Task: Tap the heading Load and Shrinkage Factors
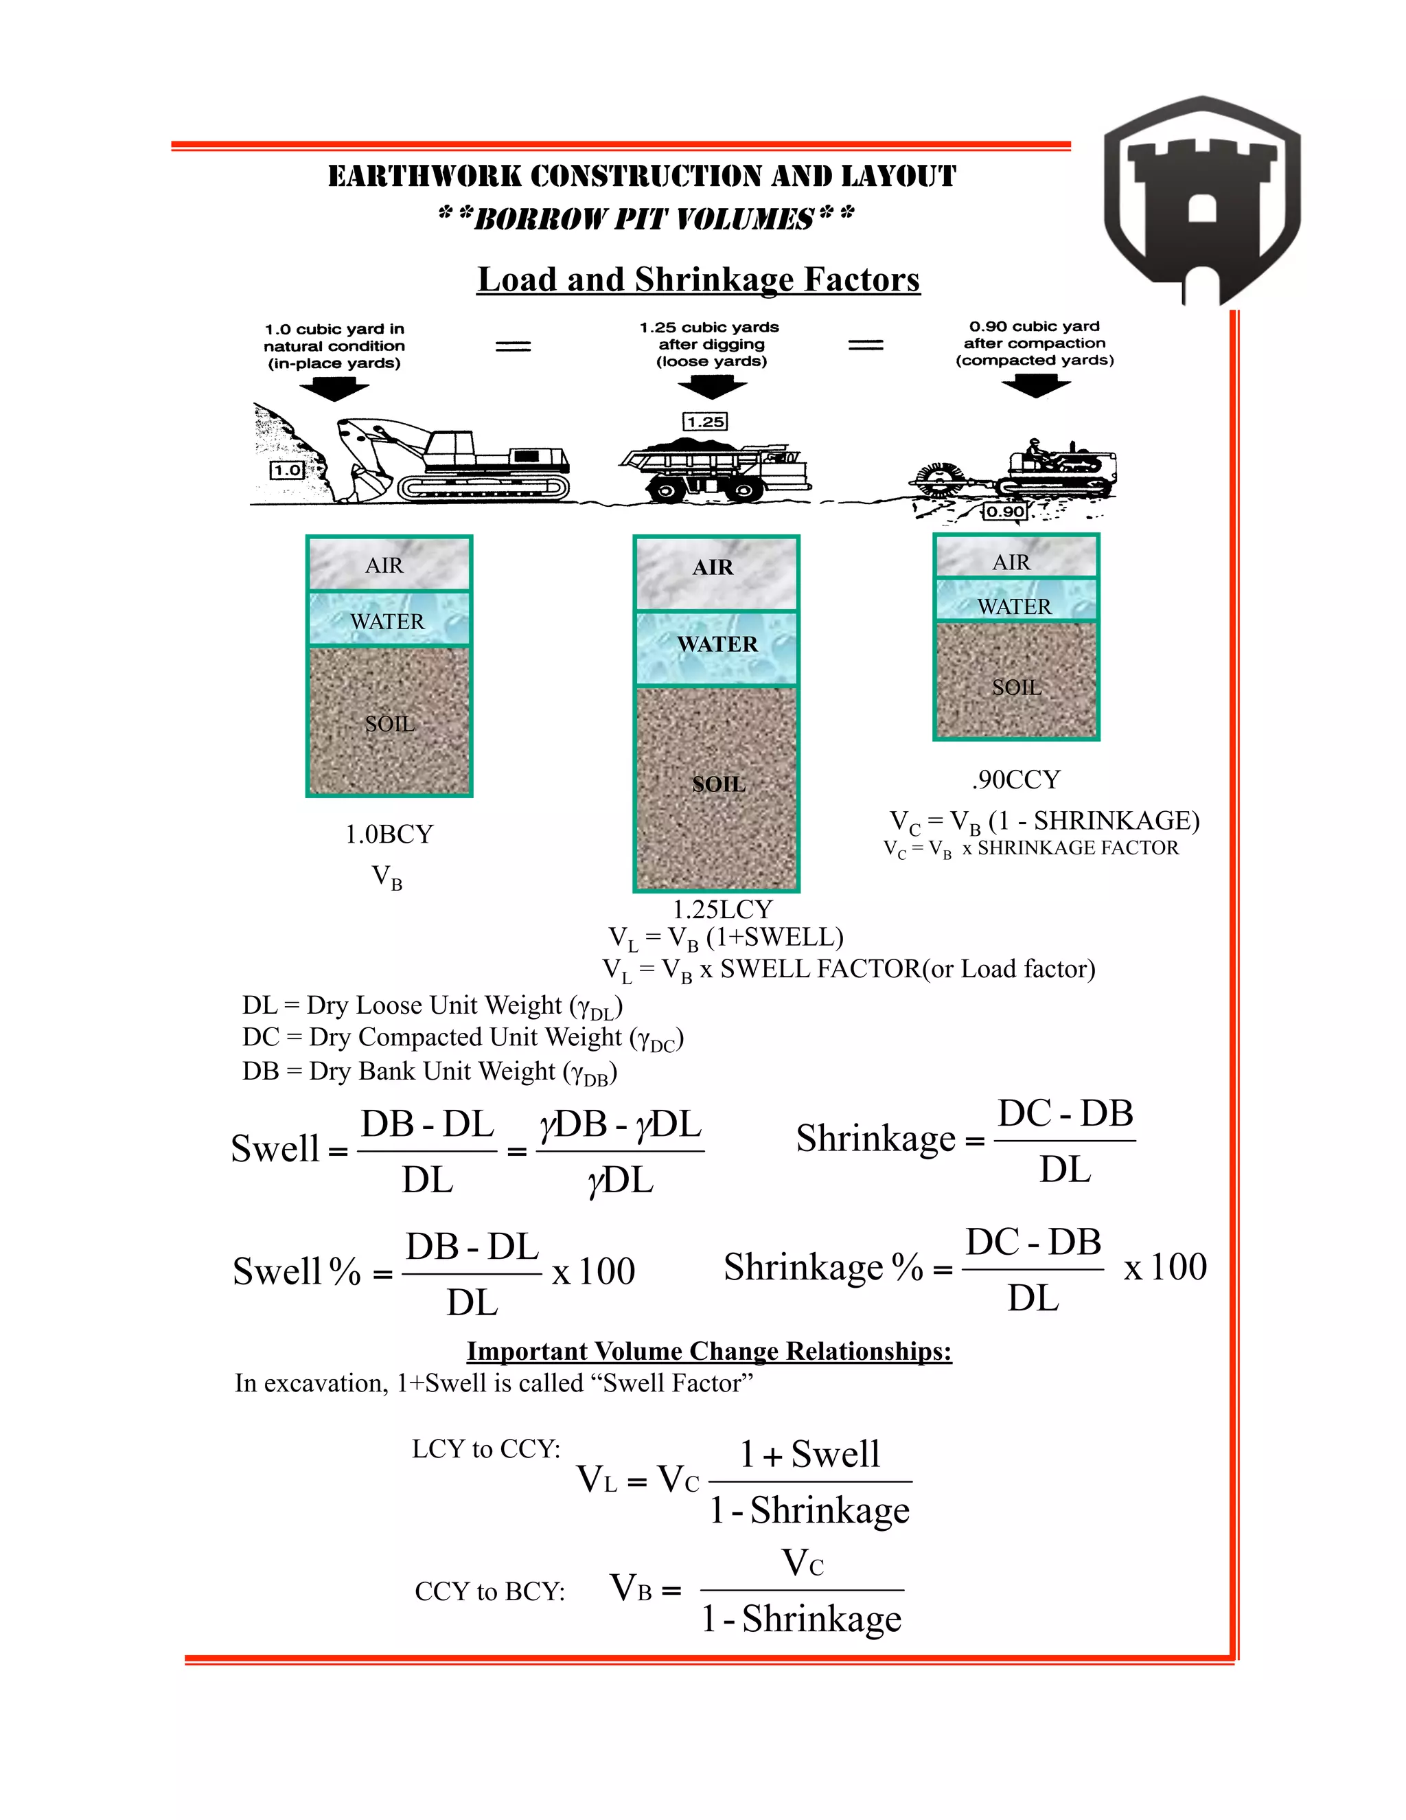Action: [698, 279]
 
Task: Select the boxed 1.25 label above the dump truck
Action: [704, 422]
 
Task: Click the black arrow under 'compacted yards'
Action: [1035, 386]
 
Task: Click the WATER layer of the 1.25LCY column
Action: [716, 647]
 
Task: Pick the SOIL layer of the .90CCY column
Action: [1016, 682]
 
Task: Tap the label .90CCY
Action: [1015, 780]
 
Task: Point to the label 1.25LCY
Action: [722, 909]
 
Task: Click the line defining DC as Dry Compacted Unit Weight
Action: [462, 1038]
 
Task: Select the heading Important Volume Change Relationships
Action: [708, 1351]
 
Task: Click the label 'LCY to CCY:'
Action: [485, 1449]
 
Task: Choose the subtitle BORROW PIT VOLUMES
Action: [645, 218]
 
